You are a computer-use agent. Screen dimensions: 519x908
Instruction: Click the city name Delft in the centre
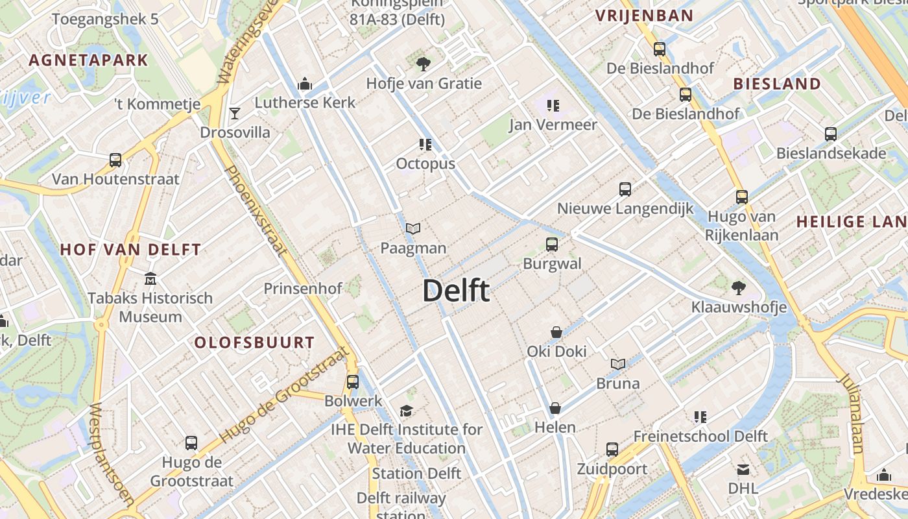tap(455, 291)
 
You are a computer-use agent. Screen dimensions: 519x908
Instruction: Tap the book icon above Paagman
tap(413, 228)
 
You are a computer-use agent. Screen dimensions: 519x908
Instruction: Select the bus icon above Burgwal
tap(552, 245)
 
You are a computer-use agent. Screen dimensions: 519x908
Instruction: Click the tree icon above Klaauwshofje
tap(738, 287)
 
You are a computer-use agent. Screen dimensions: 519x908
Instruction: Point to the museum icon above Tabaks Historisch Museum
tap(150, 279)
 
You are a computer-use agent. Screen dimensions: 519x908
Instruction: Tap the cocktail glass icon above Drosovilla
tap(235, 114)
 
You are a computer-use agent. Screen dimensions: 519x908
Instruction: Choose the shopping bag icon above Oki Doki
tap(556, 332)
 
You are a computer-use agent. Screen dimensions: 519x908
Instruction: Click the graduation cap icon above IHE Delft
tap(406, 411)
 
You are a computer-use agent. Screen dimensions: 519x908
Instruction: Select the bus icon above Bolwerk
tap(353, 381)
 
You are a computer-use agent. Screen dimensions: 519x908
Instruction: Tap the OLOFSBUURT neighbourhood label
tap(255, 343)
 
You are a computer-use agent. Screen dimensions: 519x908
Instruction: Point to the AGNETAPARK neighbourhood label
tap(88, 61)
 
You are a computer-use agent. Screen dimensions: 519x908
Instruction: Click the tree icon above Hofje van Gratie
tap(424, 64)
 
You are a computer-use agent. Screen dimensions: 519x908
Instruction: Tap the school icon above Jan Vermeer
tap(553, 105)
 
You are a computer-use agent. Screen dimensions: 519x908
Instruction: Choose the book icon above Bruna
tap(618, 364)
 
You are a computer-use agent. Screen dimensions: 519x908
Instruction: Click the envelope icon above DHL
tap(743, 469)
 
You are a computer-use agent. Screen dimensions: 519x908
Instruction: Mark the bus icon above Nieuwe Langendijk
tap(625, 189)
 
